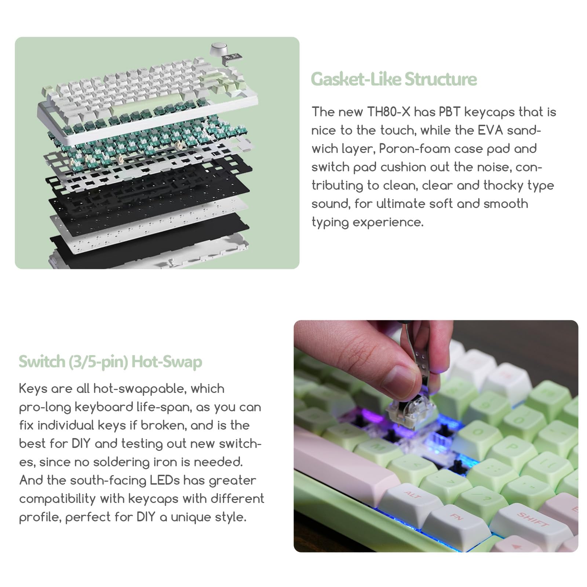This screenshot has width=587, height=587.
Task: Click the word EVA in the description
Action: tap(490, 130)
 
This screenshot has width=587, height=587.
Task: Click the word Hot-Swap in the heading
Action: tap(167, 361)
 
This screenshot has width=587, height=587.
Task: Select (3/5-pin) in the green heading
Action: tap(98, 361)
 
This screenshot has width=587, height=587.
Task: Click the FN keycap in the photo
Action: tap(457, 517)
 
